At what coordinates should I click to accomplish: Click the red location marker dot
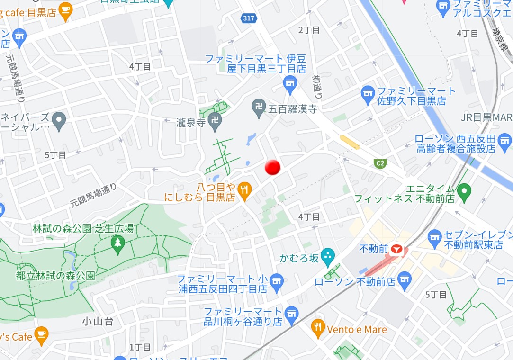(272, 167)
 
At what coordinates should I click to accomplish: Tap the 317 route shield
(248, 18)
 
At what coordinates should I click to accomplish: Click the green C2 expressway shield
(380, 163)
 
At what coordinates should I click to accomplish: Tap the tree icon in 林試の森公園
(117, 243)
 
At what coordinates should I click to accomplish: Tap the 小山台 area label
(98, 322)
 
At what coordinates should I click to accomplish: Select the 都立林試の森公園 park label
(56, 275)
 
